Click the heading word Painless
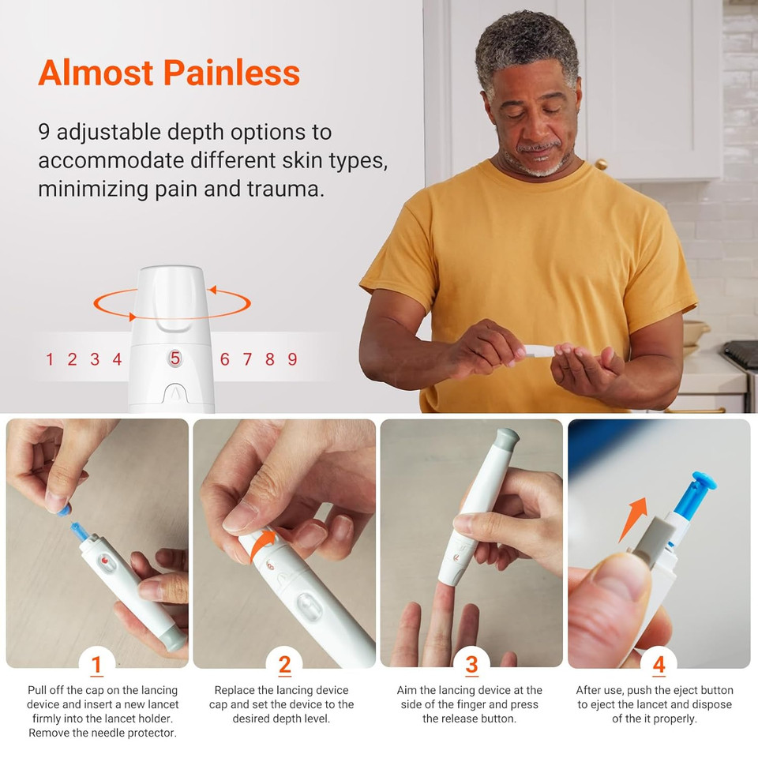pos(232,73)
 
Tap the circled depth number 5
pos(175,358)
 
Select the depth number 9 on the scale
pos(292,359)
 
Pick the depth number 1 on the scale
pos(50,359)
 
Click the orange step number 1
pos(96,665)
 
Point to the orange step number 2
pos(284,665)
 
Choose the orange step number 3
pos(471,665)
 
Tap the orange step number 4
pos(659,665)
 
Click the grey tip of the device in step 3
pos(505,437)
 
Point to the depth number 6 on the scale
pos(225,359)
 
